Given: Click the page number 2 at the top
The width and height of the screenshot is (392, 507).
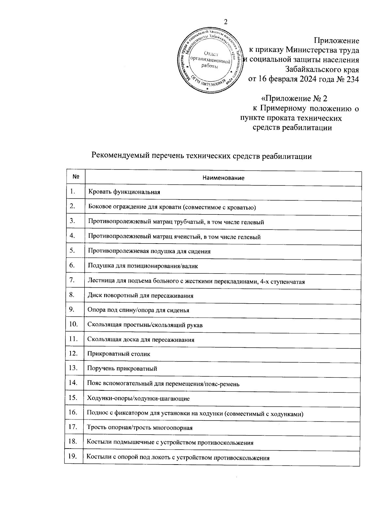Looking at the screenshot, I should click(225, 22).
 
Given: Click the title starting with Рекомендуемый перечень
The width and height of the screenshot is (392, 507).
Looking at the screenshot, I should click(202, 156).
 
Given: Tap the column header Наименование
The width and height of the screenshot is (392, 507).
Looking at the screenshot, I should click(223, 178).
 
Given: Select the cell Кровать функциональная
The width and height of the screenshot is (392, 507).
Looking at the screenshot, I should click(124, 192).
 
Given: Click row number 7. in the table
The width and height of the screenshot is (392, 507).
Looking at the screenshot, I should click(73, 280).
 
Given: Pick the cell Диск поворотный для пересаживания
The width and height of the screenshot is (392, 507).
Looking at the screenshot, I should click(140, 296).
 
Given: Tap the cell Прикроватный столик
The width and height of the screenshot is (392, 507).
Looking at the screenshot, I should click(119, 354).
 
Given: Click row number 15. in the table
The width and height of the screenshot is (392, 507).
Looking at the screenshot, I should click(73, 398).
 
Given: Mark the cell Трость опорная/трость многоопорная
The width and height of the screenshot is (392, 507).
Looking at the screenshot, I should click(139, 428).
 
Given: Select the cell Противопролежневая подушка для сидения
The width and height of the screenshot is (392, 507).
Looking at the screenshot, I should click(149, 251).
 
